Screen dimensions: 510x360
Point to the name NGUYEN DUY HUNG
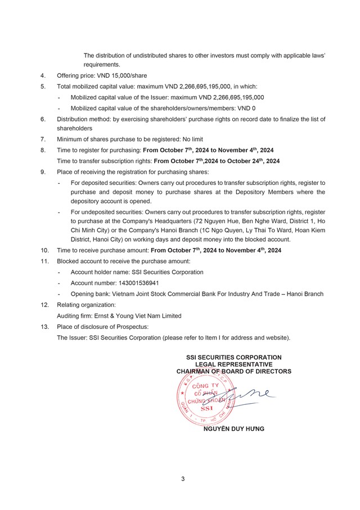(233, 428)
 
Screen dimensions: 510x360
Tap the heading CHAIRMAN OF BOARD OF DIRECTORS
(234, 372)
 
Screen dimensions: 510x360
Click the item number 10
(44, 250)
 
